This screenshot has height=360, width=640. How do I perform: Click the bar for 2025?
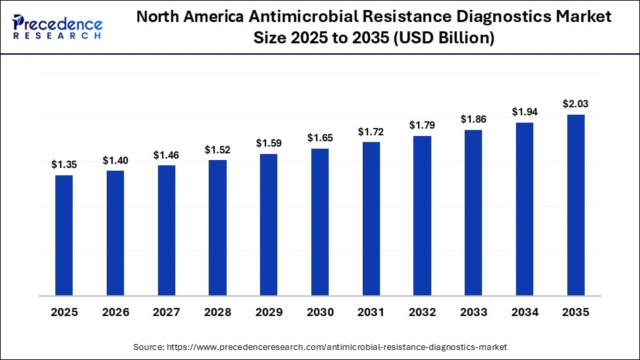click(64, 235)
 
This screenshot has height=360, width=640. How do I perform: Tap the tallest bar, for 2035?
click(575, 205)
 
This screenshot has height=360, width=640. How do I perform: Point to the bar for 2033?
click(473, 213)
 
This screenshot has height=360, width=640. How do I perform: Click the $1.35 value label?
click(64, 165)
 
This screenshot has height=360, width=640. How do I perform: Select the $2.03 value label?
click(575, 104)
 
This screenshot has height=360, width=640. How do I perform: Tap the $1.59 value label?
click(269, 143)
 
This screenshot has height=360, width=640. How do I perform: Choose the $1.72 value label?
click(371, 131)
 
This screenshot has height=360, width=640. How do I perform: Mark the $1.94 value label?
click(524, 112)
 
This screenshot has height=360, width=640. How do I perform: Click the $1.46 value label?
click(166, 155)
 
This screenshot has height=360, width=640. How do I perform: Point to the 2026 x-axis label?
click(115, 312)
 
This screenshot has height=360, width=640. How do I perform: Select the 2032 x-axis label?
click(422, 312)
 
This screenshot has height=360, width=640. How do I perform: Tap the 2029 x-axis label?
click(269, 312)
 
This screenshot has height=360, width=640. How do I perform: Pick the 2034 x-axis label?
click(524, 312)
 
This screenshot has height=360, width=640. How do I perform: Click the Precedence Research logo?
click(57, 27)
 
